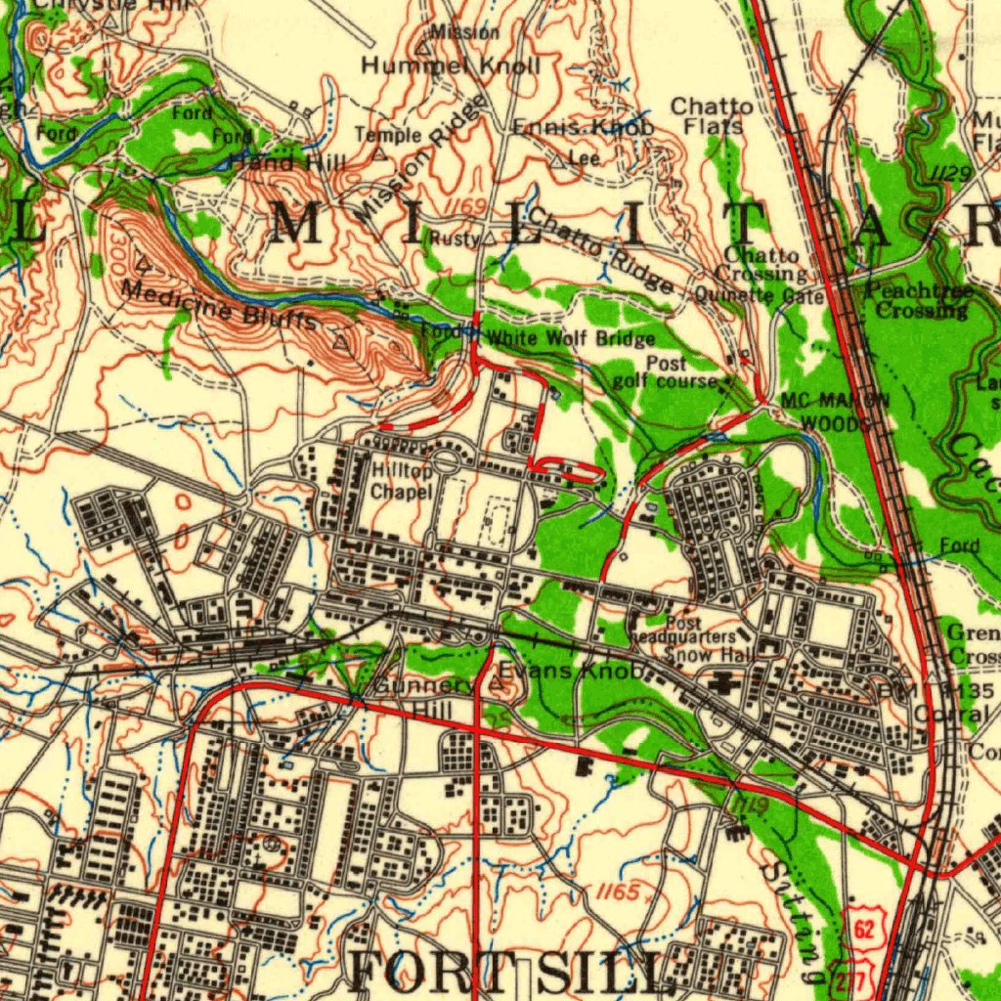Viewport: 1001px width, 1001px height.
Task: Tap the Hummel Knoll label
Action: click(451, 66)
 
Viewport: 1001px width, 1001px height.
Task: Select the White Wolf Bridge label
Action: click(571, 339)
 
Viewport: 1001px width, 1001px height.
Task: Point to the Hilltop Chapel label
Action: click(402, 481)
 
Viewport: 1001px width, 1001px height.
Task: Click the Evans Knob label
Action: click(572, 671)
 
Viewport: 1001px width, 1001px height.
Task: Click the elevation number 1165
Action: click(619, 892)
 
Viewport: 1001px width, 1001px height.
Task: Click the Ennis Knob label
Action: click(584, 128)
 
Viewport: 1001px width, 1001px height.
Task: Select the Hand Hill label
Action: click(287, 162)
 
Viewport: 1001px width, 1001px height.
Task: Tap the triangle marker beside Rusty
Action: click(489, 238)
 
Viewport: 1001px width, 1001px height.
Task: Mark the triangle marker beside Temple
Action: click(379, 154)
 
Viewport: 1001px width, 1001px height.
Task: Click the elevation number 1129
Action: click(949, 173)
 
